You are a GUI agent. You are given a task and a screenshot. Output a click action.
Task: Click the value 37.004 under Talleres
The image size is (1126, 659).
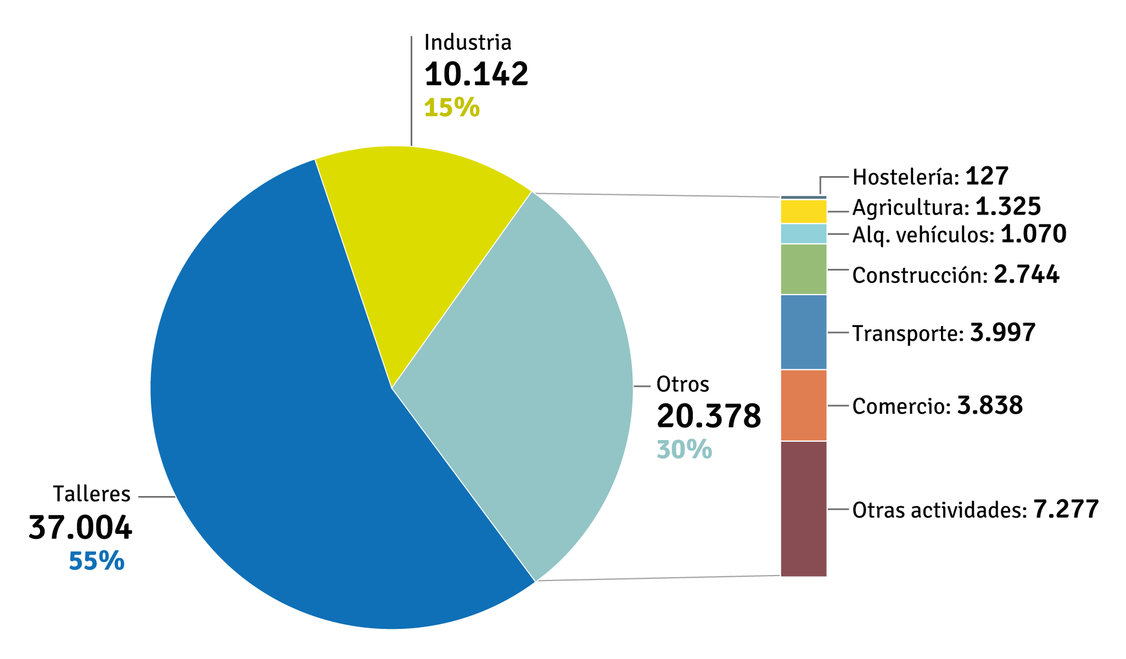pos(80,528)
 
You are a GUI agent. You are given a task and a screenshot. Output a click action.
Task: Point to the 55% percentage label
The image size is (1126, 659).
pos(97,561)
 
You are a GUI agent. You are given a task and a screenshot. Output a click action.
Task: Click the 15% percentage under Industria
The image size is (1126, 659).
pos(452,108)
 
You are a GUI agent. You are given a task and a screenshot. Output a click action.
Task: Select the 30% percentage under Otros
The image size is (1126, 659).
pos(684,449)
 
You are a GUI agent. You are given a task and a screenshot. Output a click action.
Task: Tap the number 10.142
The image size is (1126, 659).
pos(476,74)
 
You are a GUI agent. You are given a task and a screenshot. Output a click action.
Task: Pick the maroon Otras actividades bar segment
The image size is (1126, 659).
pos(803,509)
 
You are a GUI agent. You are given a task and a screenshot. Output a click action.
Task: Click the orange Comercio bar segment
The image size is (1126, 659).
pos(803,405)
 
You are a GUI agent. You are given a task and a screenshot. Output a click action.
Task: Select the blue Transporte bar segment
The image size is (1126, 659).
pos(803,332)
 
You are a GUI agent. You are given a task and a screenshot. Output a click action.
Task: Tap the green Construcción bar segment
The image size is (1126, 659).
pos(803,269)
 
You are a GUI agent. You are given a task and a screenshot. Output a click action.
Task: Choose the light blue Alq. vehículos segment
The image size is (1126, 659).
pos(803,234)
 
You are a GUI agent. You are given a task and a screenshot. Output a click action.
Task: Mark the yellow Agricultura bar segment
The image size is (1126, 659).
pos(803,211)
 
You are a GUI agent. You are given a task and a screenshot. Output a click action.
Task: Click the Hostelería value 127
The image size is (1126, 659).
pos(987,176)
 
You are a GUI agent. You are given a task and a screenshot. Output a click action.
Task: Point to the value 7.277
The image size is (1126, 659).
pos(1066,509)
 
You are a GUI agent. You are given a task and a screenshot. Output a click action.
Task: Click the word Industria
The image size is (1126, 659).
pos(468,42)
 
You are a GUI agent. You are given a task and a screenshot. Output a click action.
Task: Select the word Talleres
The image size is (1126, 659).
pos(92,494)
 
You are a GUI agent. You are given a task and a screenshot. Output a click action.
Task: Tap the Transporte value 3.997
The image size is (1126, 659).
pos(1002,333)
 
